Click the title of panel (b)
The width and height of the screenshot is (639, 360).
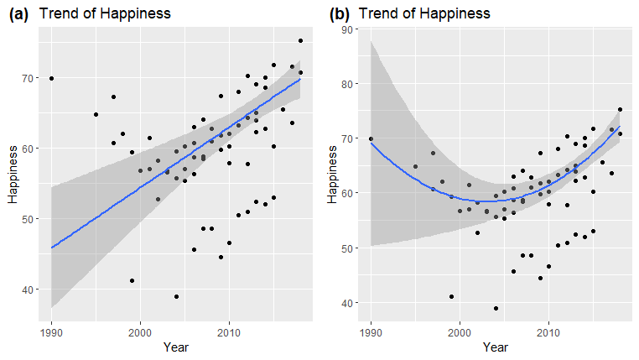pos(424,13)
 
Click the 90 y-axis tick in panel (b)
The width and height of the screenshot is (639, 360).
pos(345,29)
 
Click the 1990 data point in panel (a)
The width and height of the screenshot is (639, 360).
pos(51,78)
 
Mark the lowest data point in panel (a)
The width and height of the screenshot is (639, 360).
pos(176,296)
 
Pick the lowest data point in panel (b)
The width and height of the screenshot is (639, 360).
pos(496,308)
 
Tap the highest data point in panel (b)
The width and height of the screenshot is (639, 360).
pos(620,109)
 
